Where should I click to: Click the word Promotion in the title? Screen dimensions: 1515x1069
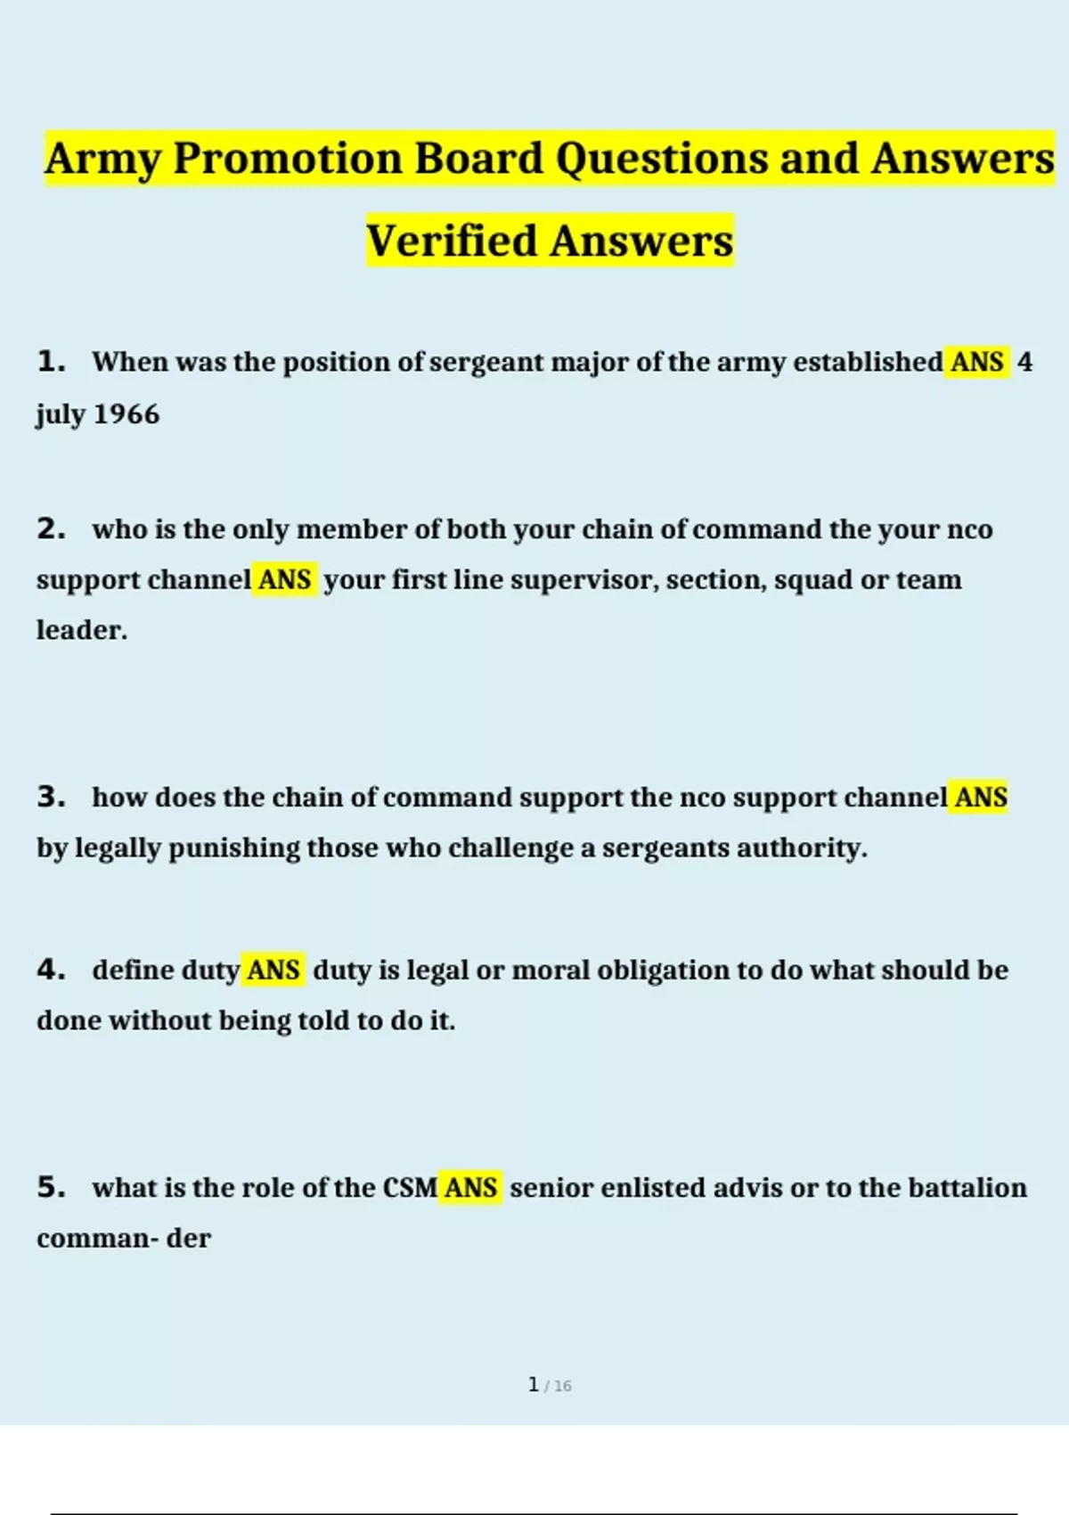[x=288, y=159]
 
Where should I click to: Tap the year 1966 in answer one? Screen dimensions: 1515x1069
[x=126, y=414]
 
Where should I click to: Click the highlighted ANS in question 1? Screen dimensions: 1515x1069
[x=977, y=362]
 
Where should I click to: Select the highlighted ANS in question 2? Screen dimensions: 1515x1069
[x=284, y=580]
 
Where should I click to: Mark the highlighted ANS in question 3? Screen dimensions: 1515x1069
[x=981, y=797]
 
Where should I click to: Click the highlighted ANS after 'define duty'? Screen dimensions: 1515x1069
[x=273, y=970]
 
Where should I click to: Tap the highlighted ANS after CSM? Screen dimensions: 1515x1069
[x=470, y=1187]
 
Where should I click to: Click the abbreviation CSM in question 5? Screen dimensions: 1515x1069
[x=410, y=1187]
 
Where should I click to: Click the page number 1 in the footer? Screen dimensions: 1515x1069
[x=534, y=1385]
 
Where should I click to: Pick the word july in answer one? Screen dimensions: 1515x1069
[x=61, y=414]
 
